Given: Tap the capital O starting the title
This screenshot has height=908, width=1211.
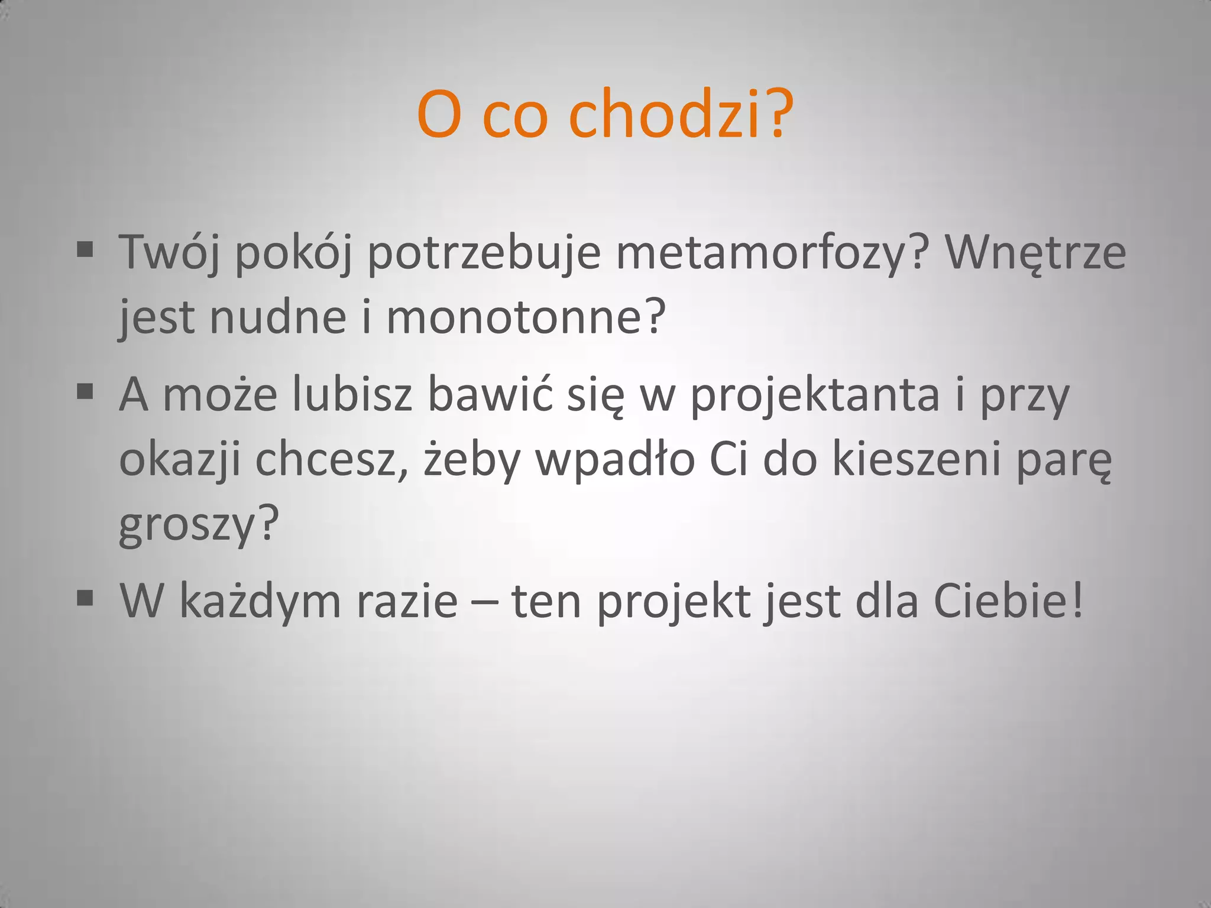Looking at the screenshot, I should pos(439,116).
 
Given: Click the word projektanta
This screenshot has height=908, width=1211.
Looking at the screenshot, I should pos(815,396).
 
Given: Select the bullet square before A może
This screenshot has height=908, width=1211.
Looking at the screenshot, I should pos(85,391).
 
